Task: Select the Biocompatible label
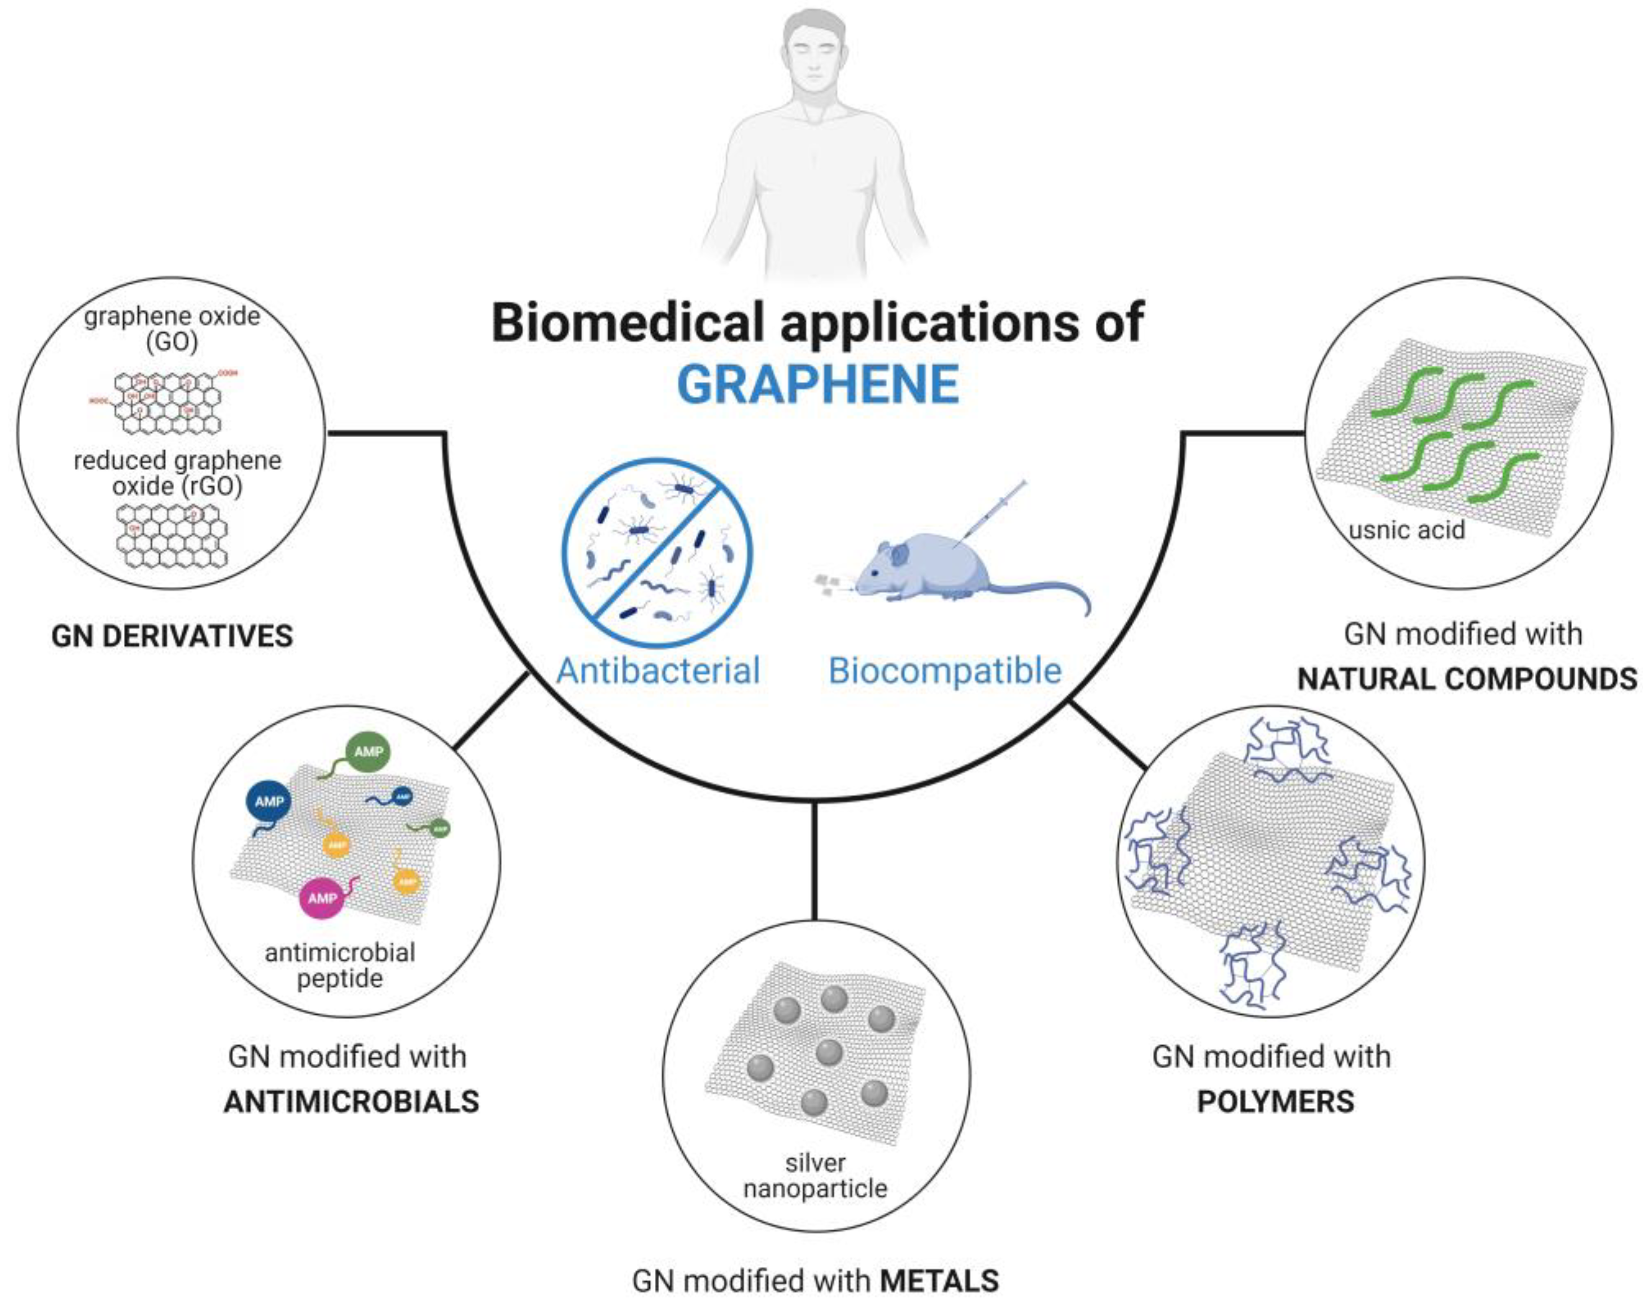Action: (x=945, y=671)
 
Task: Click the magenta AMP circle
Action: (x=322, y=898)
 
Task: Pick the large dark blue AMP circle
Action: (x=269, y=801)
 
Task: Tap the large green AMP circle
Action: (x=368, y=752)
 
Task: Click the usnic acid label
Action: (x=1406, y=529)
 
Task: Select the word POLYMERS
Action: (x=1276, y=1101)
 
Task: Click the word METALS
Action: (x=939, y=1281)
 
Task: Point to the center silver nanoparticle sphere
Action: (x=828, y=1052)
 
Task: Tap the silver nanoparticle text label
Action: (x=815, y=1176)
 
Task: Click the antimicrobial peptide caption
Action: (x=340, y=965)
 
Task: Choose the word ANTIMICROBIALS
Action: (x=351, y=1101)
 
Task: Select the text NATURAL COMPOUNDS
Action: (x=1467, y=678)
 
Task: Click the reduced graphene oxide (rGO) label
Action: (x=177, y=473)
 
